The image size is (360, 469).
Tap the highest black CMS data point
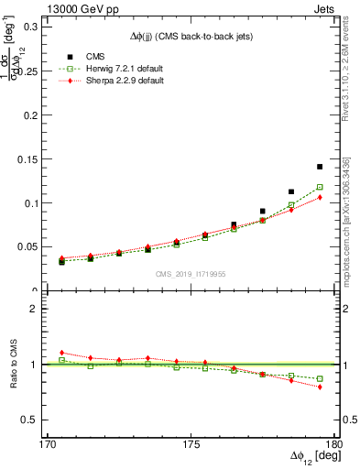coord(320,167)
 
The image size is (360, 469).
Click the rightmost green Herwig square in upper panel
coord(320,187)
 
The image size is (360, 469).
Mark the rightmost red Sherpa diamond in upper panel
coord(320,197)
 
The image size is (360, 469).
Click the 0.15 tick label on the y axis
coord(30,158)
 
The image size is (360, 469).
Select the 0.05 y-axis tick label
coord(30,246)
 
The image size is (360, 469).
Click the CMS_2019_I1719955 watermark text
coord(190,274)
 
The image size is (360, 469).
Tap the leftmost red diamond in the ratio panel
coord(61,353)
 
